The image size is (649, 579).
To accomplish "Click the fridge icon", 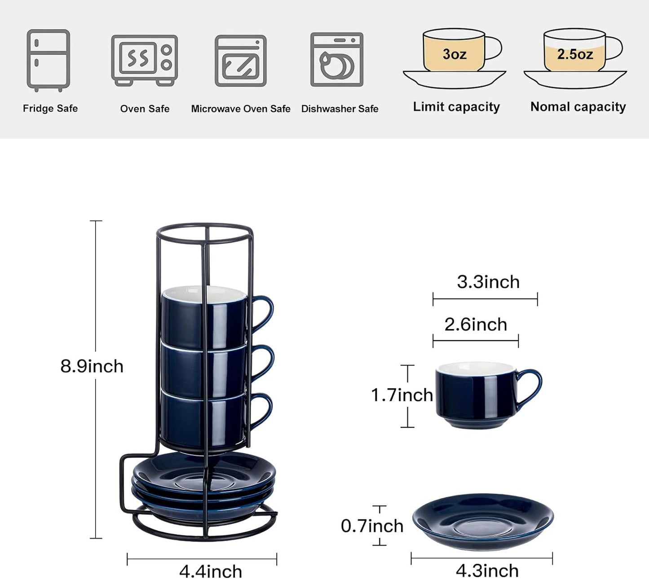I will [48, 60].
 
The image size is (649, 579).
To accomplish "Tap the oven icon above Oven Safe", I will [144, 60].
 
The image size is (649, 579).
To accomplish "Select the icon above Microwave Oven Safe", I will [240, 61].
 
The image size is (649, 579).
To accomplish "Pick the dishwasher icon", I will [337, 59].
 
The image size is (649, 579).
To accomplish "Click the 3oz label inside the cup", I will [455, 54].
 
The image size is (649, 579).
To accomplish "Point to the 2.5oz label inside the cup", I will [575, 54].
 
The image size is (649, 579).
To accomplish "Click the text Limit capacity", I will [456, 107].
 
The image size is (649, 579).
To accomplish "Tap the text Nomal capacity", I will [578, 107].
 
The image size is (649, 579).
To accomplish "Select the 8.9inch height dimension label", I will [92, 366].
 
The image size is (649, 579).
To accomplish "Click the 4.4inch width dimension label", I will [211, 571].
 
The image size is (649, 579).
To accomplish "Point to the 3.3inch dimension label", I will [488, 282].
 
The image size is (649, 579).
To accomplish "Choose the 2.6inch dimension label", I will [476, 325].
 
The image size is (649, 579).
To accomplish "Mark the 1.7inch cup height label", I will [402, 395].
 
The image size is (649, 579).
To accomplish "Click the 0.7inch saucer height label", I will [372, 526].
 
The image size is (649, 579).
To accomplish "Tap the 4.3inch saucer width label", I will [487, 571].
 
